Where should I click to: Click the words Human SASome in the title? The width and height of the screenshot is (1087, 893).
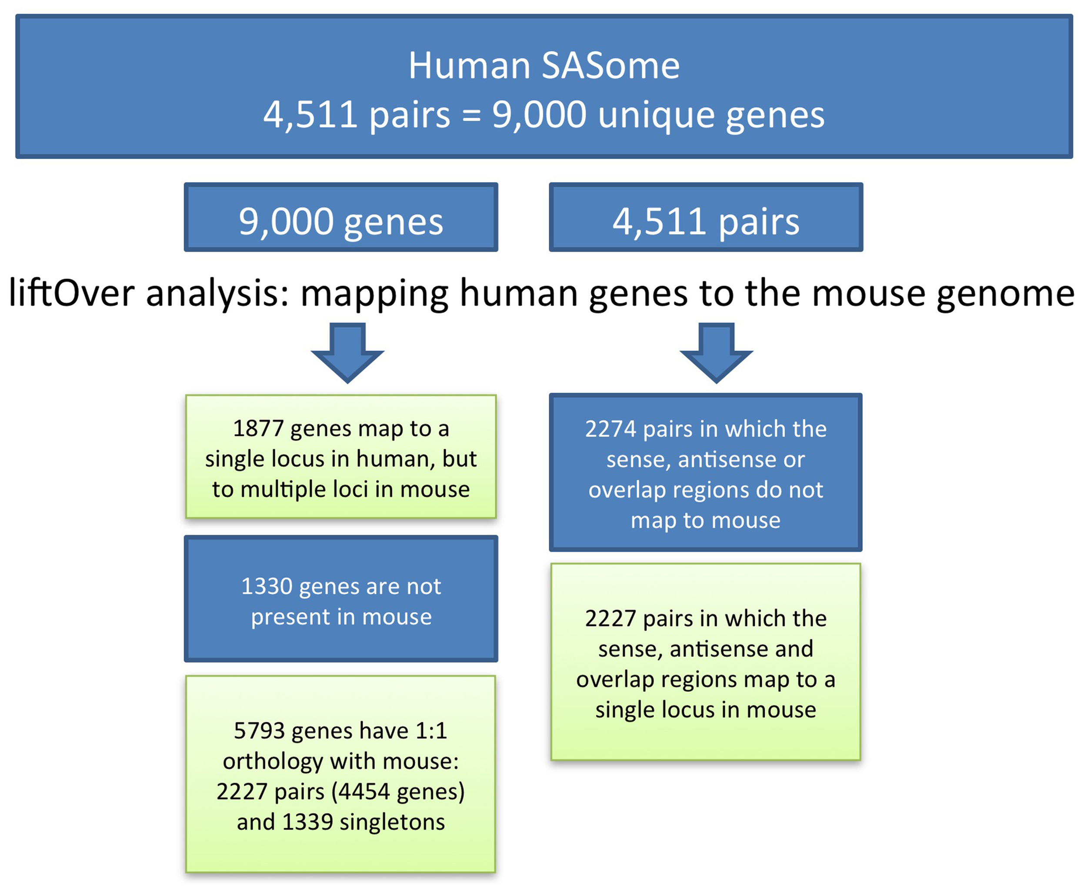(543, 66)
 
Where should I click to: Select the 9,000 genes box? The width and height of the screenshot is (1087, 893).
(341, 217)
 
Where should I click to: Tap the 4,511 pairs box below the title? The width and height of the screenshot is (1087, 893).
(706, 217)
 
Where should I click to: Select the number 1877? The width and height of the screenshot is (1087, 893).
(258, 428)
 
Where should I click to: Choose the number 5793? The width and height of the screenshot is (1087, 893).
(258, 730)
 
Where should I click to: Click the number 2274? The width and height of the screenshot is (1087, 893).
(610, 429)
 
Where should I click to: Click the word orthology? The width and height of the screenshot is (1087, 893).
(272, 761)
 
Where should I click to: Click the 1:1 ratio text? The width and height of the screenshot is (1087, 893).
(431, 730)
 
